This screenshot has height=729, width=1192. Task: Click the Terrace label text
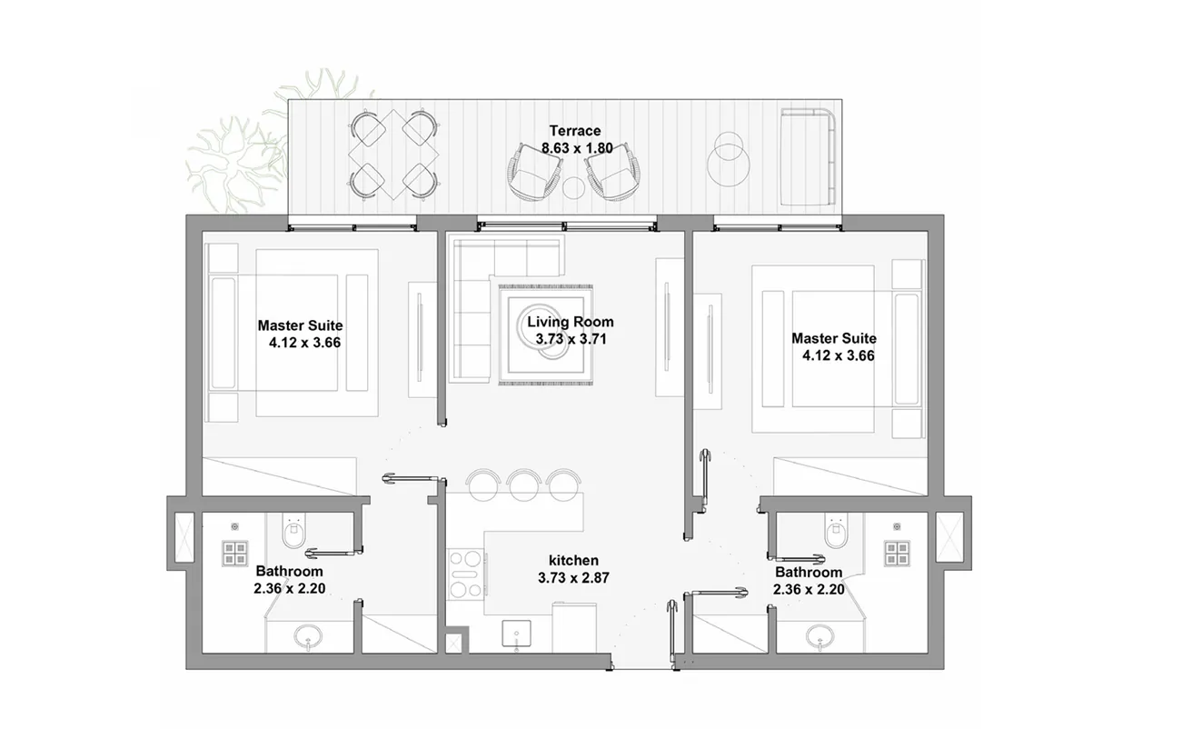click(x=574, y=131)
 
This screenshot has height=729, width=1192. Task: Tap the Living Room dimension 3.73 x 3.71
click(x=571, y=339)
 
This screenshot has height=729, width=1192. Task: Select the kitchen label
click(x=573, y=560)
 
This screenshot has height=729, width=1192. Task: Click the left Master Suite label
click(x=300, y=325)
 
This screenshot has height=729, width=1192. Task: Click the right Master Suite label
click(x=833, y=338)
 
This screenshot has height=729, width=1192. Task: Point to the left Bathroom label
click(x=289, y=572)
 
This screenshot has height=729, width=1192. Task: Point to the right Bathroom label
click(x=808, y=573)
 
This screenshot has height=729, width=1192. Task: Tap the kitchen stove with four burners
click(x=465, y=574)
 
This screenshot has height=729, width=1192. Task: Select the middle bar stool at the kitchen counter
click(x=524, y=484)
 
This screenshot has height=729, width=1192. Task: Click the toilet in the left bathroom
click(x=292, y=532)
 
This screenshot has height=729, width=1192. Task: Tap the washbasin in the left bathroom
click(x=308, y=638)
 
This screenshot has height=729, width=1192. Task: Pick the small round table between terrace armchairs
click(x=573, y=187)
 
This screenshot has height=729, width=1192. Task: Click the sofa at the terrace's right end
click(x=809, y=155)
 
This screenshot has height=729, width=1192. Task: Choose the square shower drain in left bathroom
click(x=236, y=554)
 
